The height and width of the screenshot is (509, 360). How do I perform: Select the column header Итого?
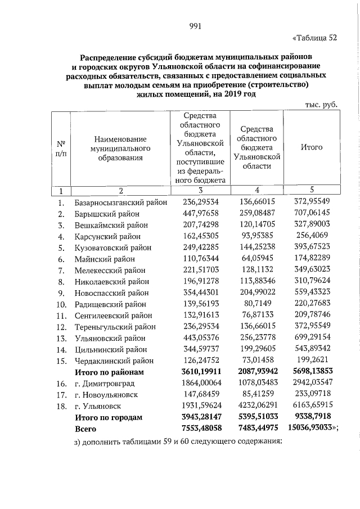[x=311, y=147]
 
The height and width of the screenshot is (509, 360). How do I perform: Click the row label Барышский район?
[x=105, y=214]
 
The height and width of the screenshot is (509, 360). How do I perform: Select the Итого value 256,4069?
[x=311, y=236]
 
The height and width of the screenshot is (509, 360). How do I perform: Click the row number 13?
[x=61, y=337]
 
